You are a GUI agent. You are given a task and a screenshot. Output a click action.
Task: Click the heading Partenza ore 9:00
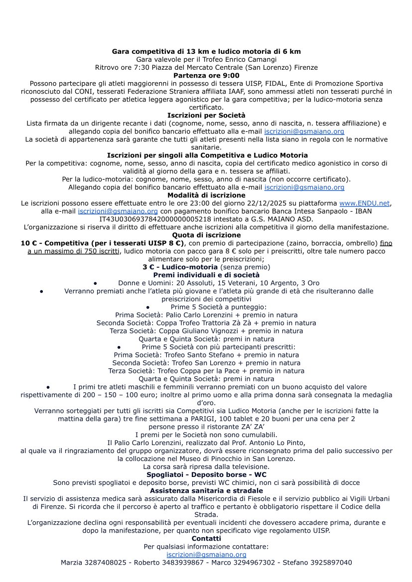click(206, 75)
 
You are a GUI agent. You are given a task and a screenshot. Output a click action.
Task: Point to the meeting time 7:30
click(142, 67)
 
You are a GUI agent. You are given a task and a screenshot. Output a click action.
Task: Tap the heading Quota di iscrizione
click(206, 235)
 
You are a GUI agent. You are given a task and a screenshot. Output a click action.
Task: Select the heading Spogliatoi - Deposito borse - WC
click(206, 474)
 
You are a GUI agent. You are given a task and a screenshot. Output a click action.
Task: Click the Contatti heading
click(206, 539)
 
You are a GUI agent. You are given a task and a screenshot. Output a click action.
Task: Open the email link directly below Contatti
click(206, 555)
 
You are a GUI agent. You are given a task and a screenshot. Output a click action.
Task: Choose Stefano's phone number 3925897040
click(330, 563)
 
